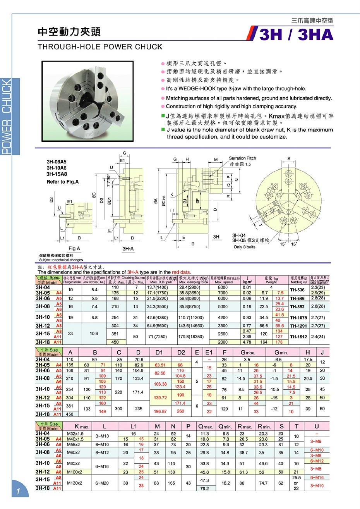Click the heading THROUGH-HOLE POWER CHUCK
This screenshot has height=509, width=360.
tap(100, 46)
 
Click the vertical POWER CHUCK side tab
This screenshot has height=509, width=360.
tap(7, 116)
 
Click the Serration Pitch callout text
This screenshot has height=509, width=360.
tap(242, 158)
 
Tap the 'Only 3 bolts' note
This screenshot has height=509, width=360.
tap(244, 247)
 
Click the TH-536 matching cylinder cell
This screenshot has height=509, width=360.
tap(297, 290)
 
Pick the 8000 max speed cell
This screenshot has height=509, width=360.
tap(223, 287)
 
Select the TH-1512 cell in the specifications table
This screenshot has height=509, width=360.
tap(298, 337)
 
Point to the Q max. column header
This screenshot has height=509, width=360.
tap(205, 426)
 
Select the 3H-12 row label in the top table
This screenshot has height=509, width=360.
tap(43, 326)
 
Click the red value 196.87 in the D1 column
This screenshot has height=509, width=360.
tap(160, 411)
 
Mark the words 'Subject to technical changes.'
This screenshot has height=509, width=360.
tap(62, 260)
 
